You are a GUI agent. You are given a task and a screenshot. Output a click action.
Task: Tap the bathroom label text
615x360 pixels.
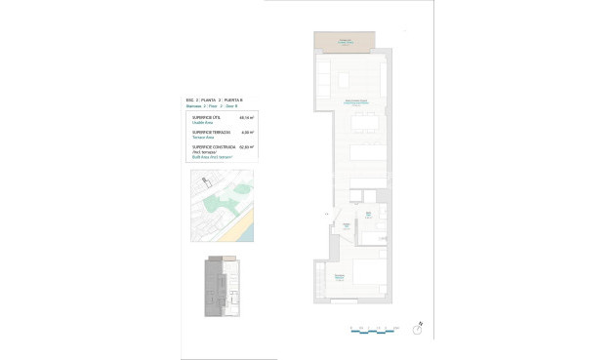coord(369,213)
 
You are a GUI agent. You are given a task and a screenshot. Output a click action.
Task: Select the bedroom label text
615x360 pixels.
coord(339,276)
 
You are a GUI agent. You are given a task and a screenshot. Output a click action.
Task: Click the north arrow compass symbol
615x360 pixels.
coord(417,330)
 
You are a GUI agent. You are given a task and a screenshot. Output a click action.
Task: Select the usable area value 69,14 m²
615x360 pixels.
coord(247,116)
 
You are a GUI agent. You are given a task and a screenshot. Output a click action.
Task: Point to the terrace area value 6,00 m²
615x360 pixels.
coord(247,132)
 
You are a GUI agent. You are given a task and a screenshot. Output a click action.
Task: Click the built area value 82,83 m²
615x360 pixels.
coord(247,147)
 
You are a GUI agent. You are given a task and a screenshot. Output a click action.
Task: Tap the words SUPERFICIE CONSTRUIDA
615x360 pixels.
coord(208,147)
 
